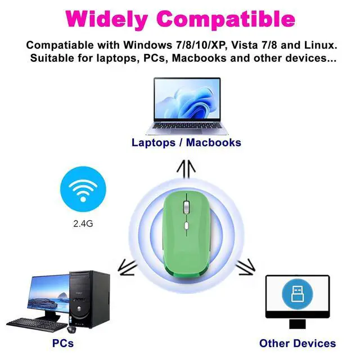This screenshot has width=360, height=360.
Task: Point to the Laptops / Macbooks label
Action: pyautogui.click(x=186, y=142)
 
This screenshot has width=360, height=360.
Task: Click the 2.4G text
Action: pyautogui.click(x=83, y=223)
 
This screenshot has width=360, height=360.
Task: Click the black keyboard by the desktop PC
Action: pyautogui.click(x=35, y=323)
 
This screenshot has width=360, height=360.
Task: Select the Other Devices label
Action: pyautogui.click(x=298, y=343)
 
